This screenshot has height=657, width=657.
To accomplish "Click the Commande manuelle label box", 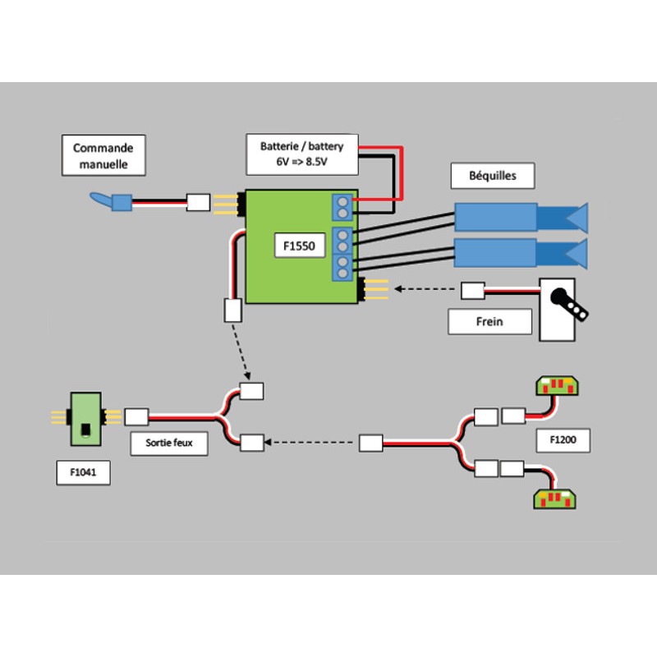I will (103, 156).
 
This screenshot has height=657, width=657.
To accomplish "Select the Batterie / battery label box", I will (302, 154).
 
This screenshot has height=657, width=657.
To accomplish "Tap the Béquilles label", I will (493, 175).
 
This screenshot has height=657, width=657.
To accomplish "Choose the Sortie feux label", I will (168, 444).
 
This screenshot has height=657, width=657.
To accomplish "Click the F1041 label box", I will (84, 473).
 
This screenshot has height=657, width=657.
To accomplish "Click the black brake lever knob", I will (561, 298).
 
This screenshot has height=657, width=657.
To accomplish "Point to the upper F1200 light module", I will (557, 384).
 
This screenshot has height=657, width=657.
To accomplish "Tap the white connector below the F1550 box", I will (232, 310).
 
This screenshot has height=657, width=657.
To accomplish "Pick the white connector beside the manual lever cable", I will (199, 202).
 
